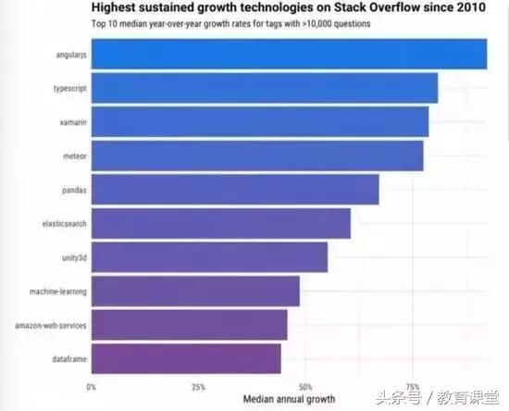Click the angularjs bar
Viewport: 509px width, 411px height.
[x=290, y=54]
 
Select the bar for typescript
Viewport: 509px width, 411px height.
[x=265, y=88]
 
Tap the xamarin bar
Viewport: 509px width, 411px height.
[x=260, y=122]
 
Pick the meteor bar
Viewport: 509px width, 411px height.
[x=257, y=156]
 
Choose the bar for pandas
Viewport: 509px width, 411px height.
[x=235, y=190]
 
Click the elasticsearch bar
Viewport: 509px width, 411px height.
[x=221, y=223]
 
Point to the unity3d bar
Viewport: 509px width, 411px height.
[x=209, y=257]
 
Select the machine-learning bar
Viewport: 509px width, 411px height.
[x=195, y=292]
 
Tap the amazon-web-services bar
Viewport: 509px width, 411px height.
[x=189, y=325]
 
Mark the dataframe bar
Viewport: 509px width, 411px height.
[x=186, y=359]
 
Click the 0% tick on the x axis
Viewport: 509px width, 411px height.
[x=92, y=387]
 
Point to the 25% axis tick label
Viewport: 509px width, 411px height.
[x=198, y=387]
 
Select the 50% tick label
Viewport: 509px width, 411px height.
[x=305, y=387]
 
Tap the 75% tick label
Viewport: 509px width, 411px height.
[x=413, y=387]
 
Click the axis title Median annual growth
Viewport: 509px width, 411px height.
[x=290, y=399]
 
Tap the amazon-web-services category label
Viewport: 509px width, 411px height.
[x=51, y=325]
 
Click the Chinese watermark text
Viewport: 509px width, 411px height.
[x=437, y=398]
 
